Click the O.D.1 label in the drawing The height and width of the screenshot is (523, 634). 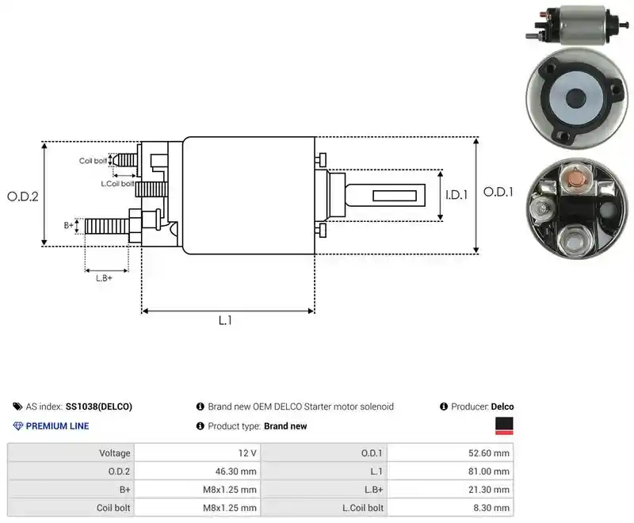(498, 192)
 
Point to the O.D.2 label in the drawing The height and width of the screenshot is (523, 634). (23, 197)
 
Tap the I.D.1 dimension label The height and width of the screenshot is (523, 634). (456, 195)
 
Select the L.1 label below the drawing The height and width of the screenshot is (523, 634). (225, 320)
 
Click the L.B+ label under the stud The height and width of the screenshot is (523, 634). (104, 278)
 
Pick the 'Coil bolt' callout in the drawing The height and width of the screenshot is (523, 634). (93, 161)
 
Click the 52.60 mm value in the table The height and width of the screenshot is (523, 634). (489, 453)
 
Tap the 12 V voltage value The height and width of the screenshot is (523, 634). (247, 453)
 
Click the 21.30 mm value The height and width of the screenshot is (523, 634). (489, 490)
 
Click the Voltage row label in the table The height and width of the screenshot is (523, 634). (115, 453)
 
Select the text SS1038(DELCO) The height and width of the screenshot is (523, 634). (99, 407)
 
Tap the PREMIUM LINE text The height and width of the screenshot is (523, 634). (57, 426)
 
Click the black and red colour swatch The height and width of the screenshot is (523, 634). (504, 426)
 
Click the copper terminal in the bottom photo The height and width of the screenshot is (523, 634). (575, 178)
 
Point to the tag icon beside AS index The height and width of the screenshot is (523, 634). (17, 407)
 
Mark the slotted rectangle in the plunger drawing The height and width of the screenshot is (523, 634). (395, 196)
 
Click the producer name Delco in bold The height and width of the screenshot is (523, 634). (502, 407)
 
